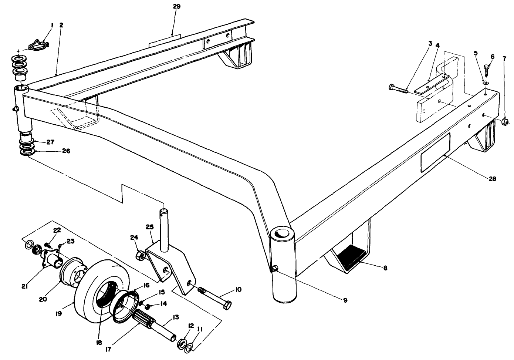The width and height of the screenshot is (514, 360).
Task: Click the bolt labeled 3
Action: coord(398,88)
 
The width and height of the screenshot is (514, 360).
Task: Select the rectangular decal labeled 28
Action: coord(435,153)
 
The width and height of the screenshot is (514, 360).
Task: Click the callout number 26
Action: coord(66,151)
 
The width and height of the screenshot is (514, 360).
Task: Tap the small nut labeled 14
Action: coord(147,307)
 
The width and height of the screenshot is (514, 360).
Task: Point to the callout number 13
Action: coord(175,317)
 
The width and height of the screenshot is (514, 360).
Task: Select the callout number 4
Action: coord(437,45)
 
